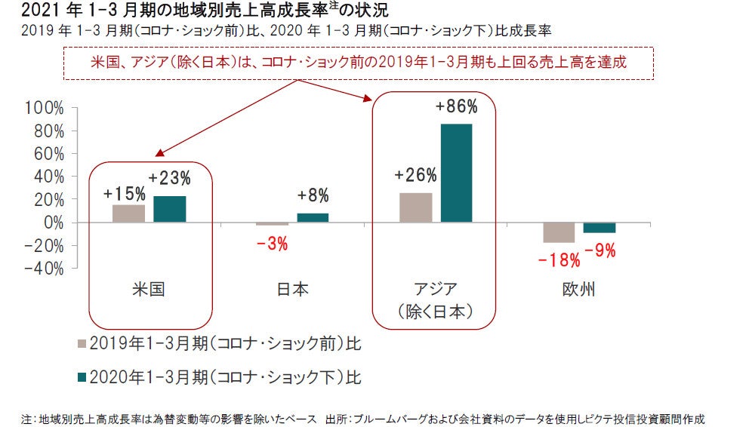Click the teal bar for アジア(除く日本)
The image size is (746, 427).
pyautogui.click(x=456, y=173)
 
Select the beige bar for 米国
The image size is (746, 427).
pyautogui.click(x=128, y=213)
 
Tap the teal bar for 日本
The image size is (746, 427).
pyautogui.click(x=313, y=218)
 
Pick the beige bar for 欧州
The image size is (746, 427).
pyautogui.click(x=559, y=232)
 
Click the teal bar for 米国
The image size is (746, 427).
pyautogui.click(x=169, y=209)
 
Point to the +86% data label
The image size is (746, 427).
pyautogui.click(x=455, y=106)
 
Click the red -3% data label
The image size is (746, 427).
pyautogui.click(x=272, y=244)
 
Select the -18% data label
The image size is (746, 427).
pyautogui.click(x=559, y=260)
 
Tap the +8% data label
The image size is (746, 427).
pyautogui.click(x=313, y=196)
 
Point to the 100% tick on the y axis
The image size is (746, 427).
pyautogui.click(x=45, y=108)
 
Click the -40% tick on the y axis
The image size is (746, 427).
pyautogui.click(x=45, y=268)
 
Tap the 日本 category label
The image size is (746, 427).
pyautogui.click(x=292, y=289)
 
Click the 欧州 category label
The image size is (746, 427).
pyautogui.click(x=578, y=289)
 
